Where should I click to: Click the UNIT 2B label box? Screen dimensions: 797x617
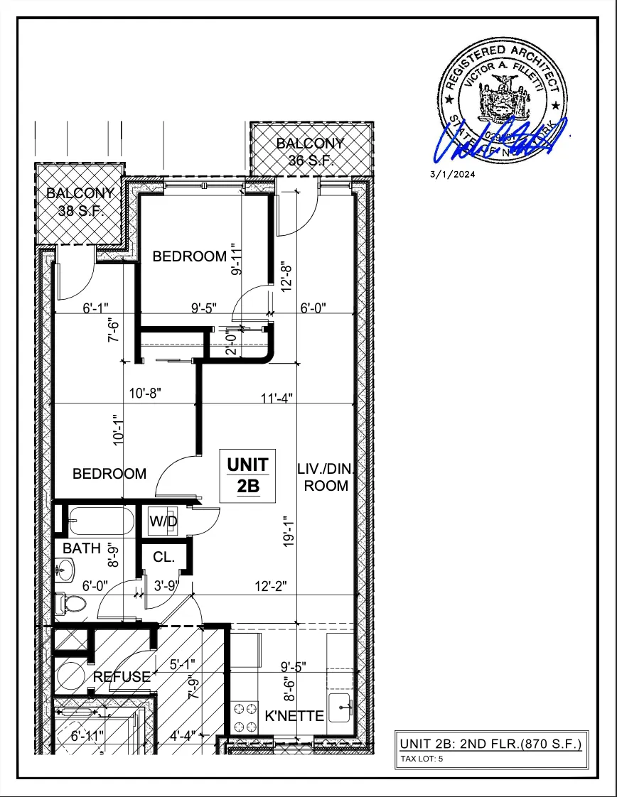[x=247, y=476]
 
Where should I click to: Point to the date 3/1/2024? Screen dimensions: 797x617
[x=452, y=174]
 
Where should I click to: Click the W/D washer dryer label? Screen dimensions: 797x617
[x=163, y=521]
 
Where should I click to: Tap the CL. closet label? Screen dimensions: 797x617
[x=163, y=558]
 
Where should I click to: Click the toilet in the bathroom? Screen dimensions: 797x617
[x=70, y=604]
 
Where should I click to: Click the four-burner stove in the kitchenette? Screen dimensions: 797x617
[x=245, y=716]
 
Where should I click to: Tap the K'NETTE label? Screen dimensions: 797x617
[x=294, y=716]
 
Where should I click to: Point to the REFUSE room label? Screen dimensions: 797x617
[x=122, y=677]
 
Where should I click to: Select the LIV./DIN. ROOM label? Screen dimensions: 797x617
[x=326, y=477]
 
